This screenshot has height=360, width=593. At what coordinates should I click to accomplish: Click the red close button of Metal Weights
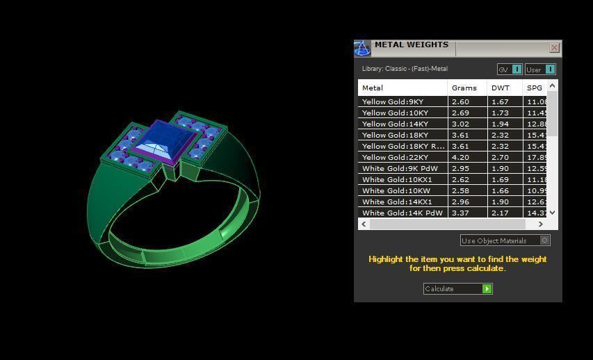[x=554, y=48]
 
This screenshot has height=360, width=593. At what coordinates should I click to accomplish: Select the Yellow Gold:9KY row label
[x=395, y=101]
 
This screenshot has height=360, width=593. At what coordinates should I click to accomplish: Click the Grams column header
[x=464, y=88]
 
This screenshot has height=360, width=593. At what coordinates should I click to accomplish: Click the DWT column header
[x=500, y=88]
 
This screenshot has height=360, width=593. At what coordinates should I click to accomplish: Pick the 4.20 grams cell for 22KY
[x=460, y=157]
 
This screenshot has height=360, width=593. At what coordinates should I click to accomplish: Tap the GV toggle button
[x=509, y=69]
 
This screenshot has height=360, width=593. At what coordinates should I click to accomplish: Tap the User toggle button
[x=540, y=69]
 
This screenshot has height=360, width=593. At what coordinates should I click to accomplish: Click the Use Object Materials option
[x=505, y=240]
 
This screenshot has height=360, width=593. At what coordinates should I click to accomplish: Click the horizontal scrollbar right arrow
[x=540, y=224]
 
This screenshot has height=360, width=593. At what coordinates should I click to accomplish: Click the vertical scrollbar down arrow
[x=553, y=213]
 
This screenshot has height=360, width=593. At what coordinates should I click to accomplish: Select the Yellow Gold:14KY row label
[x=395, y=124]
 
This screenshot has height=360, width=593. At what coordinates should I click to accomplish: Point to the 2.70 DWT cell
[x=500, y=157]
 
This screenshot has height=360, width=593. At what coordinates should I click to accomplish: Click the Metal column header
[x=373, y=88]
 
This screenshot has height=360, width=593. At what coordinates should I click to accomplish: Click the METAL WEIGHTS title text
[x=411, y=44]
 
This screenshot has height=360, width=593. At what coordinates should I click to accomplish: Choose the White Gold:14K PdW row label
[x=402, y=213]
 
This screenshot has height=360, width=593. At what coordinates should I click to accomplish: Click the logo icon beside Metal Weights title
[x=362, y=48]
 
